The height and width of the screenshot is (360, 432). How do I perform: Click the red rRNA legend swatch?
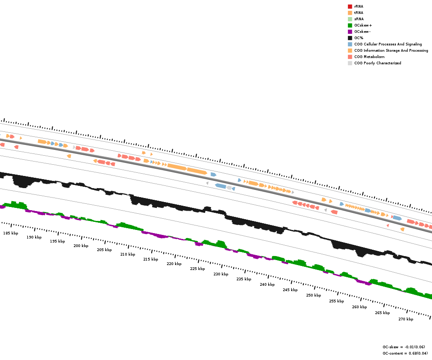pos(350,6)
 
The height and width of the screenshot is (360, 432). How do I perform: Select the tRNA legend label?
pos(359,13)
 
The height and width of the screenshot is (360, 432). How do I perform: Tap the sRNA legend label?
pos(359,19)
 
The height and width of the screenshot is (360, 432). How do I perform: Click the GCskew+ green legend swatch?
pos(350,25)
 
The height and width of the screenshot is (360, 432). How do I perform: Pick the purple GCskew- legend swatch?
pos(350,31)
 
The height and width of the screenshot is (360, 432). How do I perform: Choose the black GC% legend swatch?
pos(350,38)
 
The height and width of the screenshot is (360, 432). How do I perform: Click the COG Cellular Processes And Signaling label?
pos(388,44)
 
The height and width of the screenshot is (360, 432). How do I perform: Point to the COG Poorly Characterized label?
pos(378,63)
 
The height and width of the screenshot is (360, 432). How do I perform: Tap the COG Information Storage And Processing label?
pos(391,50)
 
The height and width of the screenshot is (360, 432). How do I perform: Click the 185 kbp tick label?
pos(11,233)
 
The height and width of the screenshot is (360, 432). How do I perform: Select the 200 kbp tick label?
pos(81,246)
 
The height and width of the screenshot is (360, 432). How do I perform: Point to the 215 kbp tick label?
pos(151,259)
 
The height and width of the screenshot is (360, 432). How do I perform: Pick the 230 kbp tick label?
pos(221,274)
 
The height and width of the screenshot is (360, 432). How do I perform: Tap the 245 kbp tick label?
pos(290,290)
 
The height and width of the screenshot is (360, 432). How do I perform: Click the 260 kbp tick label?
pos(360,307)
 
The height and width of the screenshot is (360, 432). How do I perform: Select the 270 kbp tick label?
pos(406,319)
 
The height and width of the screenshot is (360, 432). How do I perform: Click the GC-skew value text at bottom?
pos(404,347)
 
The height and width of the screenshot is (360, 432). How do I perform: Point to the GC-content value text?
pos(405,353)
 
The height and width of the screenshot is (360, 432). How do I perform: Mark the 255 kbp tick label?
pos(337,301)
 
